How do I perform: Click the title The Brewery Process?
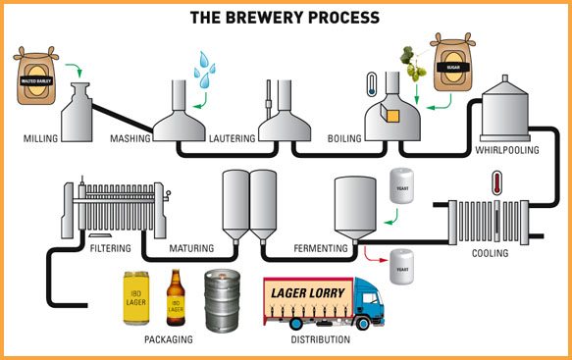coord(286,18)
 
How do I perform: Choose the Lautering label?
coord(233,139)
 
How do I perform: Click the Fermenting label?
coord(321,249)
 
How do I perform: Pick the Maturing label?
coord(191,249)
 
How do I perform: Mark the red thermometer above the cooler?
coord(497,183)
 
